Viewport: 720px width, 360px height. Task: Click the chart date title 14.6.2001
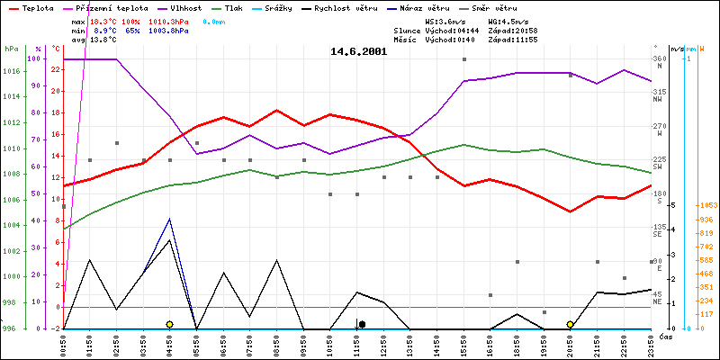coord(359,52)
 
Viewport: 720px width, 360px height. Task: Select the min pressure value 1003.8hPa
coord(194,30)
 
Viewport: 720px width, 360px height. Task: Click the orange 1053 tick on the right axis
coord(705,206)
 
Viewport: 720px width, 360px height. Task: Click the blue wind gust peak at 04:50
coord(169,219)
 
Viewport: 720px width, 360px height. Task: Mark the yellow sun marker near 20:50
coord(571,324)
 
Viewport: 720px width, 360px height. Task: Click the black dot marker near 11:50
coord(362,324)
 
